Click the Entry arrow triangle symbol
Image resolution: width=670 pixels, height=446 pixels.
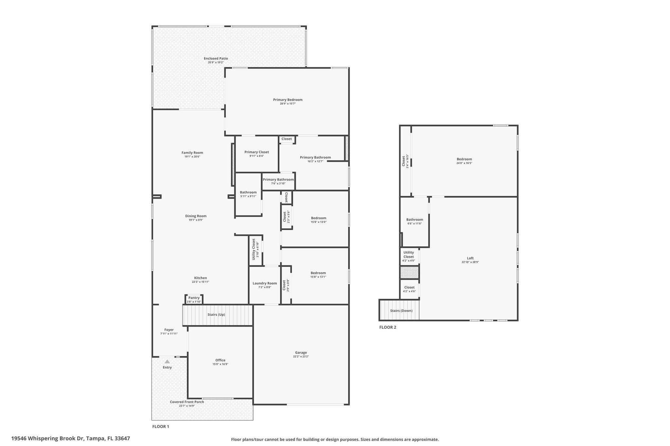[x=167, y=361]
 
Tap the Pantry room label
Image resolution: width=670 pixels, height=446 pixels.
[x=194, y=298]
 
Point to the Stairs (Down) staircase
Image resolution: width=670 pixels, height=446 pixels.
[x=399, y=310]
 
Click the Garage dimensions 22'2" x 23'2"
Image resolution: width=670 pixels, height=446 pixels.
[x=301, y=356]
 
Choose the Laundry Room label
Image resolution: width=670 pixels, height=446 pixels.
[x=265, y=283]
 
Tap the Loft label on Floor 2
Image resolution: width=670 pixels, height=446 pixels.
[x=470, y=258]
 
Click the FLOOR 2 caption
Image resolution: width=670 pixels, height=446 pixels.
[x=388, y=327]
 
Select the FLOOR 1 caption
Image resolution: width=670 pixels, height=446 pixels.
[x=161, y=426]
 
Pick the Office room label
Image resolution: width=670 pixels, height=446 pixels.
[x=220, y=360]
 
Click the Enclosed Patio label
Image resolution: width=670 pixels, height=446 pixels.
[x=216, y=58]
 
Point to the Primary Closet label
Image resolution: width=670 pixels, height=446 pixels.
[x=256, y=152]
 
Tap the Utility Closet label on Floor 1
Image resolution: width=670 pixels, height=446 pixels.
[x=254, y=249]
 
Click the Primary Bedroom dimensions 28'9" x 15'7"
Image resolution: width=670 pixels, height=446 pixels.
[x=288, y=104]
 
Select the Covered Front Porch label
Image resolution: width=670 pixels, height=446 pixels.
[x=187, y=402]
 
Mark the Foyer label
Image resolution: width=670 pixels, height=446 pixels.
[x=169, y=330]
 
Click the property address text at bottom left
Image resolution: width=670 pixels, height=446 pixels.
[x=71, y=438]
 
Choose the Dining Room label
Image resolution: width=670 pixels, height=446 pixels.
[x=196, y=216]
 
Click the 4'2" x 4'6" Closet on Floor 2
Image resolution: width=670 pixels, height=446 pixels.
[x=409, y=288]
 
